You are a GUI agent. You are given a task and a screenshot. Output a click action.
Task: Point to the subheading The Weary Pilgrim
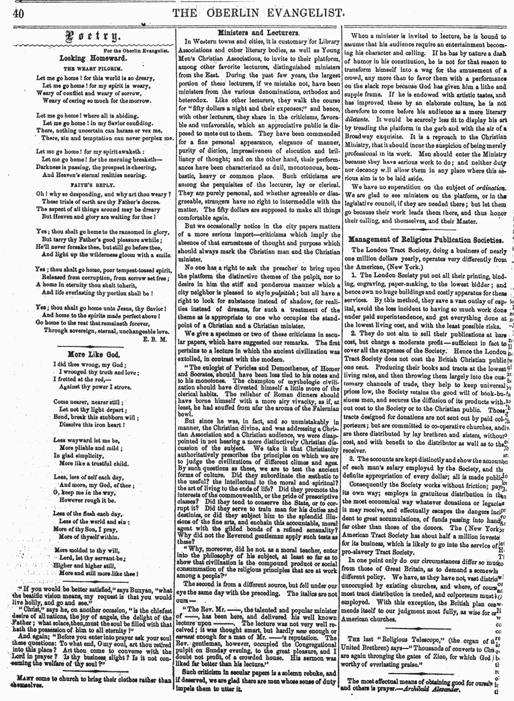click(87, 68)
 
